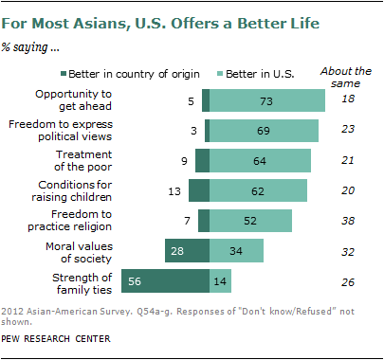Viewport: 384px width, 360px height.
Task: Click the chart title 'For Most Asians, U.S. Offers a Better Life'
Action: click(x=160, y=24)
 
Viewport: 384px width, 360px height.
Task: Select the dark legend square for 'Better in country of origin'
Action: click(x=64, y=74)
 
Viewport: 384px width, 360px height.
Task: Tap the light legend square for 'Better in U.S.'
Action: click(x=220, y=74)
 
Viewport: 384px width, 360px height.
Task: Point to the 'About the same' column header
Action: click(x=346, y=77)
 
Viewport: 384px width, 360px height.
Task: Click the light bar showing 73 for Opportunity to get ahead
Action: click(x=267, y=100)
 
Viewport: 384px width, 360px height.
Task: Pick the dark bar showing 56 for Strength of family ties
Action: click(x=166, y=281)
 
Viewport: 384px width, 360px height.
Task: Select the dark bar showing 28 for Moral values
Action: click(x=188, y=251)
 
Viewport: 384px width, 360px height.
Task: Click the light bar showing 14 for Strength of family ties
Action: click(x=220, y=281)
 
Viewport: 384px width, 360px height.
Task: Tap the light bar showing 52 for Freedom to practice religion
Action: click(x=250, y=221)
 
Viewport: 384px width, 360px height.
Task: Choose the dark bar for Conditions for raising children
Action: click(x=199, y=190)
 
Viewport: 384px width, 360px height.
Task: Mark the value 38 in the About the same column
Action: click(x=348, y=221)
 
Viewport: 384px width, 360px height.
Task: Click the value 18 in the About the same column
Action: click(x=348, y=99)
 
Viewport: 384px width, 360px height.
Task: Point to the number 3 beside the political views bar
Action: click(x=193, y=131)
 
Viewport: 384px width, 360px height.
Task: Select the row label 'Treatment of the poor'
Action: click(x=83, y=161)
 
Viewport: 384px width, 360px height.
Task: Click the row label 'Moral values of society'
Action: click(x=79, y=252)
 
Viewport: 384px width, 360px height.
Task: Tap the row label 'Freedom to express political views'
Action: click(x=61, y=131)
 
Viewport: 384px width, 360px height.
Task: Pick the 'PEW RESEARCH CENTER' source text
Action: click(x=56, y=339)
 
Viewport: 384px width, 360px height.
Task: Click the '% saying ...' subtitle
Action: click(x=30, y=47)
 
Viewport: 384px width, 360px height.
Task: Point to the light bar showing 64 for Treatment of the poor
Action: click(x=260, y=161)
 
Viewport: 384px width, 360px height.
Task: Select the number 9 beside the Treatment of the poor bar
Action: click(x=184, y=161)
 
